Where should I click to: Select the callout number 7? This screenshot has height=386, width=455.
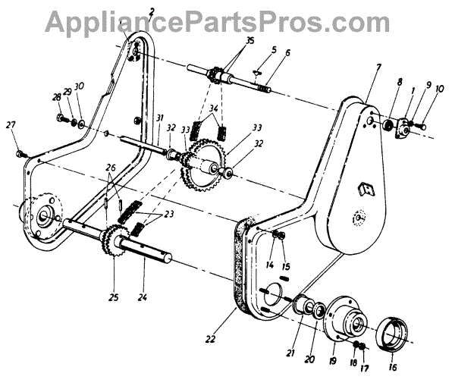(x=377, y=69)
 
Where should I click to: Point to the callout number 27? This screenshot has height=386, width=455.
(x=10, y=125)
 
